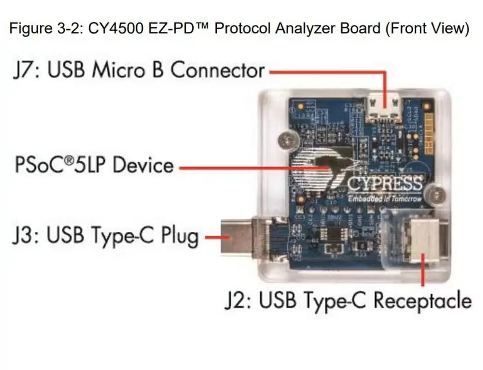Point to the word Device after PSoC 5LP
143,165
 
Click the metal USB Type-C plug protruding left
238,238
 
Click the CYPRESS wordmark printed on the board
384,184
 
